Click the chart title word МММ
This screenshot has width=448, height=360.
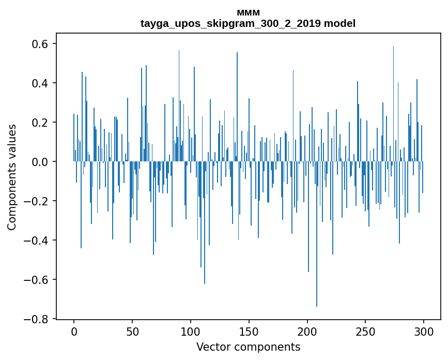tap(248, 13)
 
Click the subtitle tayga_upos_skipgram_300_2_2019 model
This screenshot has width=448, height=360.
tap(248, 23)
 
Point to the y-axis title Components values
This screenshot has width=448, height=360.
tap(11, 177)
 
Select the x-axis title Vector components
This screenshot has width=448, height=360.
tap(248, 347)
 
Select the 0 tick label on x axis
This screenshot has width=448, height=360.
tap(74, 331)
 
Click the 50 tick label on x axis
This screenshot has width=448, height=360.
tap(132, 331)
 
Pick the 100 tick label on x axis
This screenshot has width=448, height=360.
tap(191, 331)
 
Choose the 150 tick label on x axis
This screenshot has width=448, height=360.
tap(249, 331)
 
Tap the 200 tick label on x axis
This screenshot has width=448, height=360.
tap(307, 331)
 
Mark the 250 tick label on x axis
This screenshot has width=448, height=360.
tap(366, 331)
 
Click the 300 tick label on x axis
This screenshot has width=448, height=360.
tap(424, 331)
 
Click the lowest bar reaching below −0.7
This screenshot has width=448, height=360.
tap(317, 259)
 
